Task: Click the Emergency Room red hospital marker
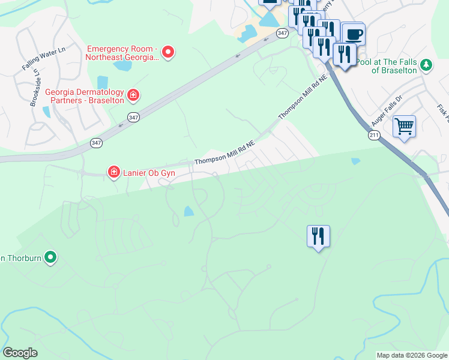click(169, 53)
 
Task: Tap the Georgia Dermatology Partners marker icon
click(133, 95)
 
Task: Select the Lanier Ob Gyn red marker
click(113, 173)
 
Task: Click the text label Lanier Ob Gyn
click(149, 173)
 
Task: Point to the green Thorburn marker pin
click(50, 258)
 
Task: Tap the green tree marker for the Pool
click(426, 65)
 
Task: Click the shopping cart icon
click(404, 127)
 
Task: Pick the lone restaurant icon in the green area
click(318, 236)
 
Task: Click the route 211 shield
click(375, 136)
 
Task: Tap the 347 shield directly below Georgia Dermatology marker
click(133, 118)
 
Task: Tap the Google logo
click(20, 353)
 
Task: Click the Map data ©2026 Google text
click(411, 355)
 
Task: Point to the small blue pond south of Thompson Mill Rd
click(189, 211)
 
